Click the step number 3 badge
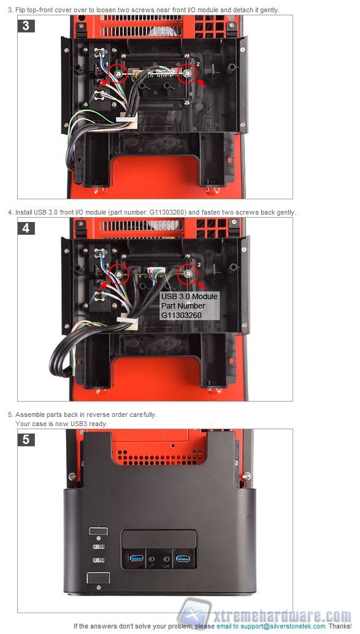pyautogui.click(x=26, y=26)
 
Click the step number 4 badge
pyautogui.click(x=26, y=228)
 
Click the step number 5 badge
pyautogui.click(x=26, y=440)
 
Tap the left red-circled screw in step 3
pyautogui.click(x=118, y=73)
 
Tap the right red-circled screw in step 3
pyautogui.click(x=187, y=73)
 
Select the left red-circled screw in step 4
pyautogui.click(x=119, y=274)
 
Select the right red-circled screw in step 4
pyautogui.click(x=188, y=274)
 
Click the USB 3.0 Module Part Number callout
pyautogui.click(x=190, y=306)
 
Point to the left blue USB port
pyautogui.click(x=136, y=559)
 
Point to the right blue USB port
pyautogui.click(x=183, y=559)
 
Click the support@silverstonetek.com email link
pyautogui.click(x=283, y=626)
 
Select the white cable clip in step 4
pyautogui.click(x=127, y=323)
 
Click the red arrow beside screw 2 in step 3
pyautogui.click(x=202, y=84)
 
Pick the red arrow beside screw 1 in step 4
pyautogui.click(x=104, y=285)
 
